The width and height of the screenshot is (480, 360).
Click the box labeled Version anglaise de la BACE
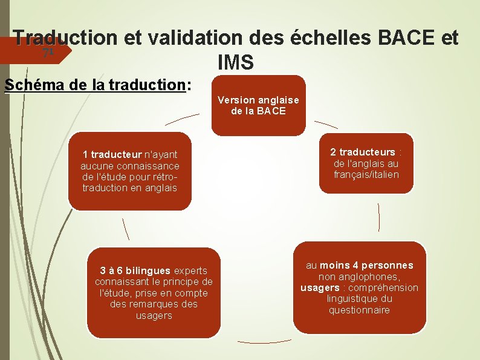[x=258, y=105]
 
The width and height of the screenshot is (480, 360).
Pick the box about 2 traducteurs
[x=366, y=163]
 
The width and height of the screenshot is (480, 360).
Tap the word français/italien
[x=366, y=175]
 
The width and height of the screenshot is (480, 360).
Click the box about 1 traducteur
[x=130, y=171]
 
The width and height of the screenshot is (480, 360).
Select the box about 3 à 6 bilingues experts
[x=154, y=293]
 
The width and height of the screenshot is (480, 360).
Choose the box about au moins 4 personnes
[x=359, y=288]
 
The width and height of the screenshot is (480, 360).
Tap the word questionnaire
[x=359, y=310]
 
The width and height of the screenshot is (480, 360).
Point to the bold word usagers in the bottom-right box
[x=320, y=287]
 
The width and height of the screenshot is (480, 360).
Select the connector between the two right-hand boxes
[x=379, y=217]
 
